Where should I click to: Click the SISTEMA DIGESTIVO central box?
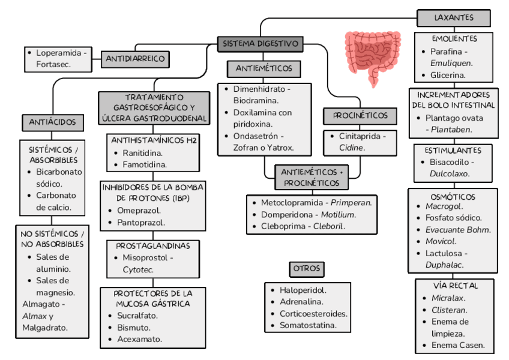(260, 44)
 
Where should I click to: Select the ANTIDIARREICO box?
(136, 59)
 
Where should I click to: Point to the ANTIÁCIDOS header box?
(53, 122)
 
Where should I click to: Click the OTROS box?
(307, 269)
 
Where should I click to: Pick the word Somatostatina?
(307, 326)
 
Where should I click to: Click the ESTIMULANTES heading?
(453, 150)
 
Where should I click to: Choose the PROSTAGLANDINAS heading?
(153, 246)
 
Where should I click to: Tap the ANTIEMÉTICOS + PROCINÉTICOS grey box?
(312, 177)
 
